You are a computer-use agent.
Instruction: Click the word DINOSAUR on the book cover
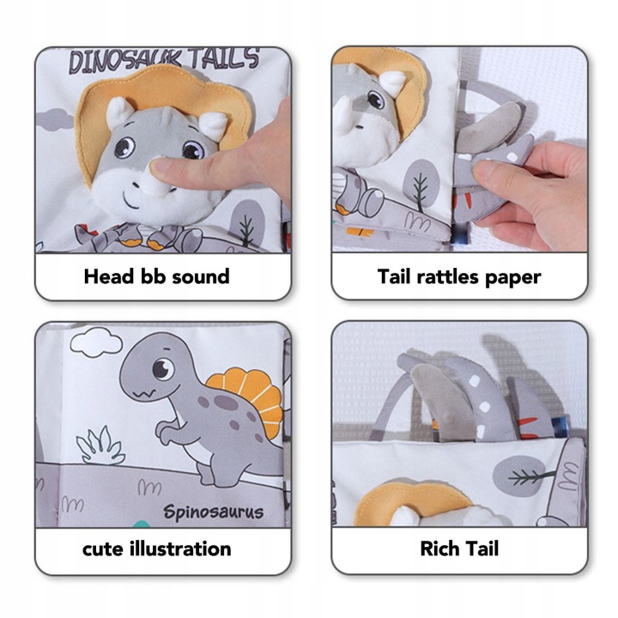click(125, 61)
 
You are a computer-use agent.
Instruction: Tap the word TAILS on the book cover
click(225, 58)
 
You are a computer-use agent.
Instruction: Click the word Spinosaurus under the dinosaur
click(213, 512)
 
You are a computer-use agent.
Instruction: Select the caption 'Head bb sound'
click(156, 276)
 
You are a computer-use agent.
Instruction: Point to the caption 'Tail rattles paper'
click(459, 277)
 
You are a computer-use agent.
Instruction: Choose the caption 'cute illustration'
click(156, 549)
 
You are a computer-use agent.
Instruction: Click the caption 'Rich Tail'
click(459, 548)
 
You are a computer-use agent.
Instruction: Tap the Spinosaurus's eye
click(162, 369)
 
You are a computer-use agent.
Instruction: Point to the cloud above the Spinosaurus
click(96, 342)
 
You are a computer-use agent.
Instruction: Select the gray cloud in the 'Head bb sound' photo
click(54, 119)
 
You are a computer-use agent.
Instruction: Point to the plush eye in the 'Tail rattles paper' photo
click(375, 99)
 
